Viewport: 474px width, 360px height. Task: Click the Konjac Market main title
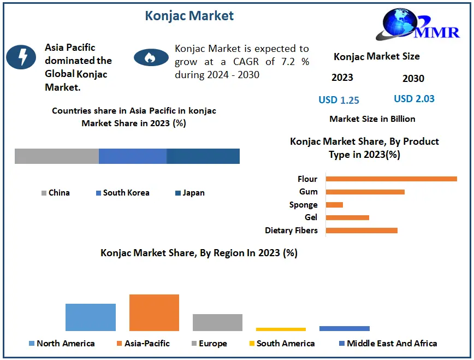coord(189,16)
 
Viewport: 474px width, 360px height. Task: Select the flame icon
coord(151,57)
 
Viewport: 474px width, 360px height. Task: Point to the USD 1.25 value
coord(339,100)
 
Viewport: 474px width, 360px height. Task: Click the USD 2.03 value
coord(414,99)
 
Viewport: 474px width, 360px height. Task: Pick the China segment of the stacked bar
coord(56,156)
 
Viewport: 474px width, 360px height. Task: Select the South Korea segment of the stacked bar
coord(133,156)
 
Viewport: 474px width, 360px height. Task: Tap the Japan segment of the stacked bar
coord(203,156)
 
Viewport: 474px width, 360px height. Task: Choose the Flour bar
coord(391,179)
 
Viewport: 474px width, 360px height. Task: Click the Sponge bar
coord(334,205)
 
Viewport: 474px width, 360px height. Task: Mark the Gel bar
coord(347,217)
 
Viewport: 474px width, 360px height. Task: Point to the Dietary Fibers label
coord(291,231)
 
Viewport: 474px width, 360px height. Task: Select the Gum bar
coord(365,192)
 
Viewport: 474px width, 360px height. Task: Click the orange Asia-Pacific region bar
coord(154,312)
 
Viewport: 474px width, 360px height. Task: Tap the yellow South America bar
coord(281,329)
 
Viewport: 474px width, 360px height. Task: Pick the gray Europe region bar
coord(217,322)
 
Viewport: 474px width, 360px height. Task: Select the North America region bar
coord(91,317)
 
